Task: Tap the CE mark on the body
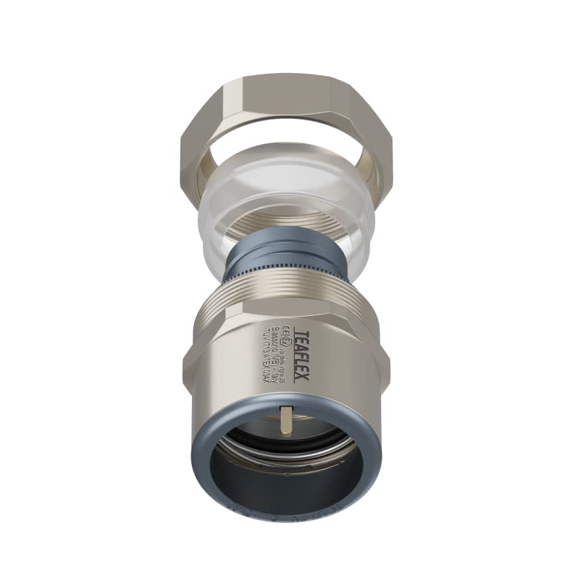[x=287, y=329]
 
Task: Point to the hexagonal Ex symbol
[x=287, y=340]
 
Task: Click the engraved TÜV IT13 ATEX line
[x=269, y=351]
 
